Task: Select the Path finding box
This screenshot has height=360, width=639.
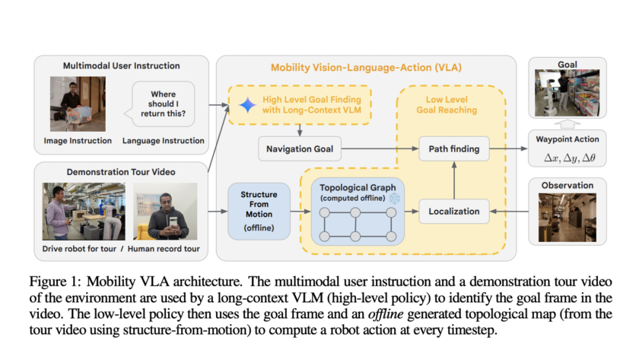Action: [x=453, y=149]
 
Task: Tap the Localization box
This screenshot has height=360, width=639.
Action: [x=453, y=211]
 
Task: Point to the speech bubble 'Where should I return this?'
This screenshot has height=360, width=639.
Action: [x=164, y=104]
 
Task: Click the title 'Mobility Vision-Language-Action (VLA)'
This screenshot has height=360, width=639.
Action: [x=366, y=68]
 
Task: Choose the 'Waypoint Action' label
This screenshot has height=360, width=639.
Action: [x=567, y=139]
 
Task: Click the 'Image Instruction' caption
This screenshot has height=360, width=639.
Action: [x=77, y=140]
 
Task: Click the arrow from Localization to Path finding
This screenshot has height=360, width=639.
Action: [x=453, y=180]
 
